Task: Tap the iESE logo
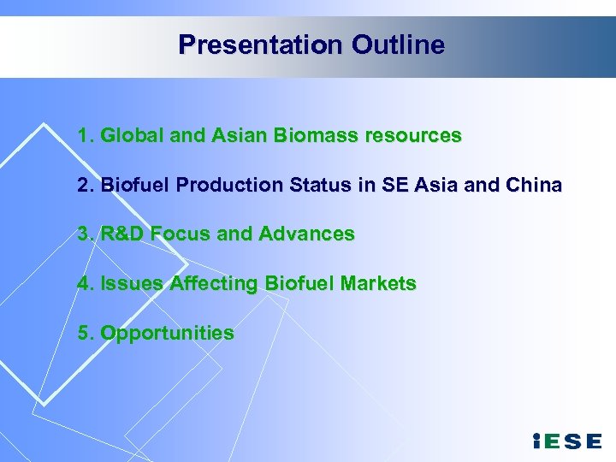coord(566,441)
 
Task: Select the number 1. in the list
coord(86,135)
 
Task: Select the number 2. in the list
coord(86,185)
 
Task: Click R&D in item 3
coord(123,234)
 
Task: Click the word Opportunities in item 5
coord(167,333)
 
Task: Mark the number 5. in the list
coord(86,333)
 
